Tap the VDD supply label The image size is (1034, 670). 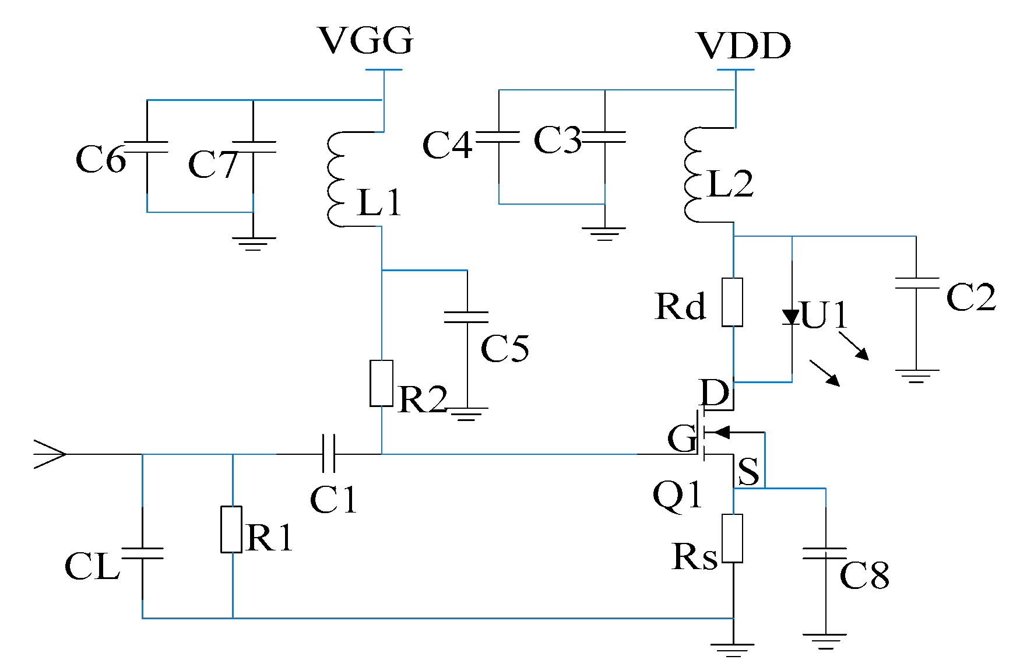click(x=744, y=47)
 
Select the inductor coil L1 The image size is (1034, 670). click(x=337, y=178)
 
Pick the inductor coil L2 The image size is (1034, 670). click(x=694, y=175)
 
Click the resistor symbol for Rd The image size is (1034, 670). click(x=732, y=302)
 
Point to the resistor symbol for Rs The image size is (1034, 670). click(x=732, y=538)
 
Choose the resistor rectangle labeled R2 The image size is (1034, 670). click(x=381, y=383)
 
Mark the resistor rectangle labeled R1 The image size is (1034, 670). click(x=231, y=529)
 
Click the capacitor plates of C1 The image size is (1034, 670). click(x=328, y=454)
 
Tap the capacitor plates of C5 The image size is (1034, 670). click(x=466, y=317)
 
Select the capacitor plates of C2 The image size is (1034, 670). click(x=916, y=283)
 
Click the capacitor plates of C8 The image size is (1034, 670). click(x=825, y=553)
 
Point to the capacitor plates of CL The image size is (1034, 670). click(x=142, y=553)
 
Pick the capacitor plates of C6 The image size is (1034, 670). click(x=146, y=147)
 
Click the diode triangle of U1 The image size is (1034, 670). click(x=791, y=317)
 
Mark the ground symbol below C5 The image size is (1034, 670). click(x=466, y=415)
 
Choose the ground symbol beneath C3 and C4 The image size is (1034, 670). click(x=604, y=234)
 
